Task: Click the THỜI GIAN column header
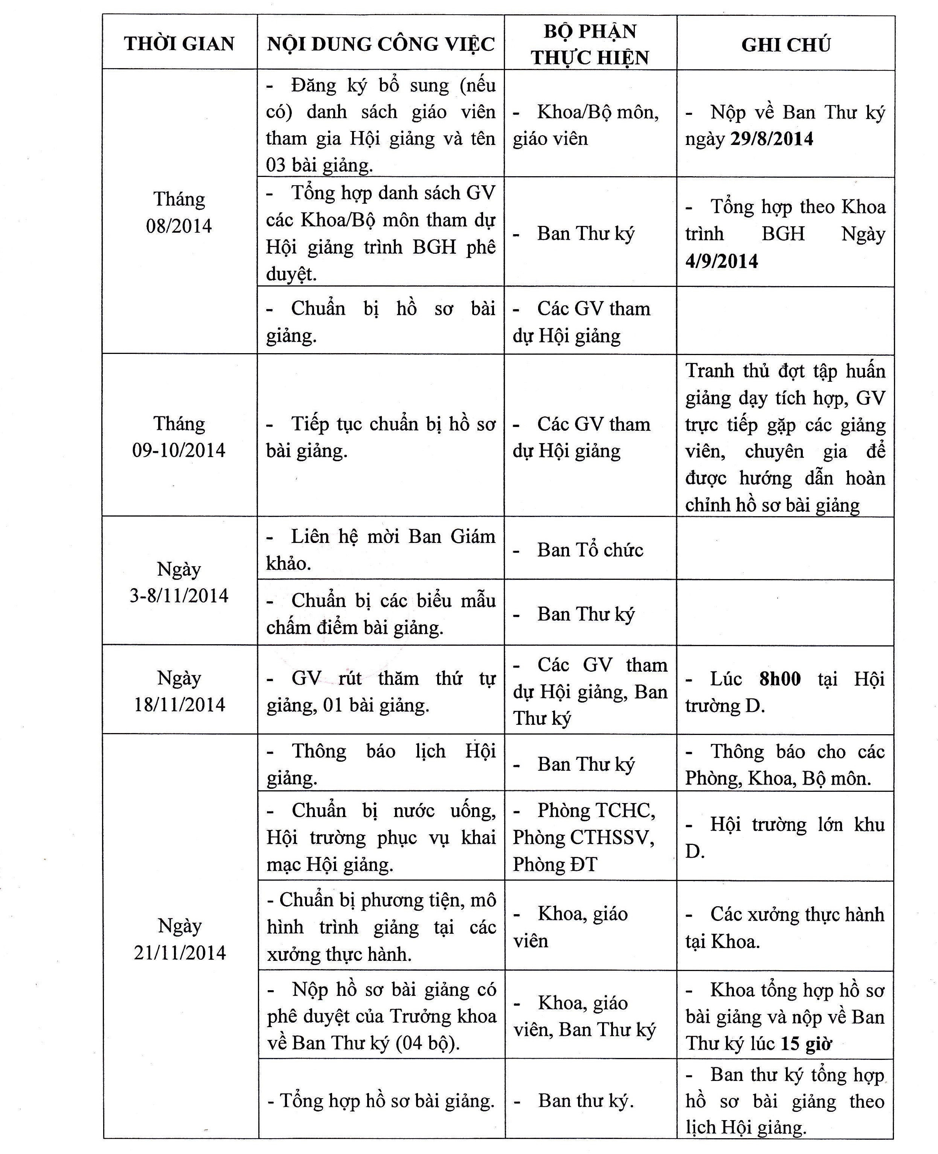pos(179,43)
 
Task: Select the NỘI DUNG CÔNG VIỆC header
pos(380,44)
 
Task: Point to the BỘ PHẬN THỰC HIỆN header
pos(590,44)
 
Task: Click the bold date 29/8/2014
pos(772,139)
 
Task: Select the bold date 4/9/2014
pos(722,261)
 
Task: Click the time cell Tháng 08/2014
pos(179,212)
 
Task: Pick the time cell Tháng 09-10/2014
pos(179,436)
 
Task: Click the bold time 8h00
pos(780,678)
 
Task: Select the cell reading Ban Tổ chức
pos(590,550)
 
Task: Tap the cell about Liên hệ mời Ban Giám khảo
pos(380,549)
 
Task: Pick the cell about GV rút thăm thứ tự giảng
pos(380,692)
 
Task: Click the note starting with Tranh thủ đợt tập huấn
pos(785,437)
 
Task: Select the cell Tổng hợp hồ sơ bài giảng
pos(380,1101)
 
